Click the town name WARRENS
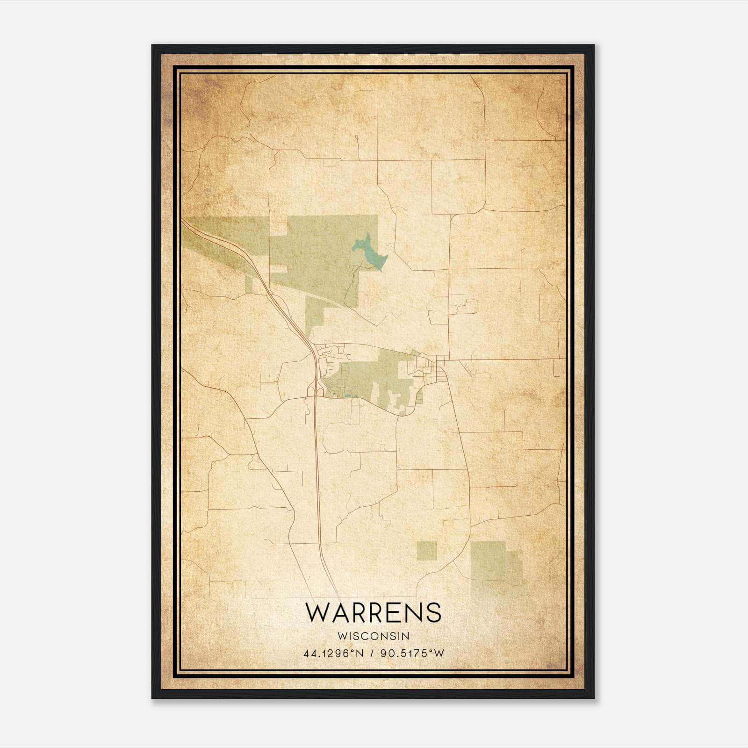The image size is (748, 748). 373,612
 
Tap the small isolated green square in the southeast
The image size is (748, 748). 426,550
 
